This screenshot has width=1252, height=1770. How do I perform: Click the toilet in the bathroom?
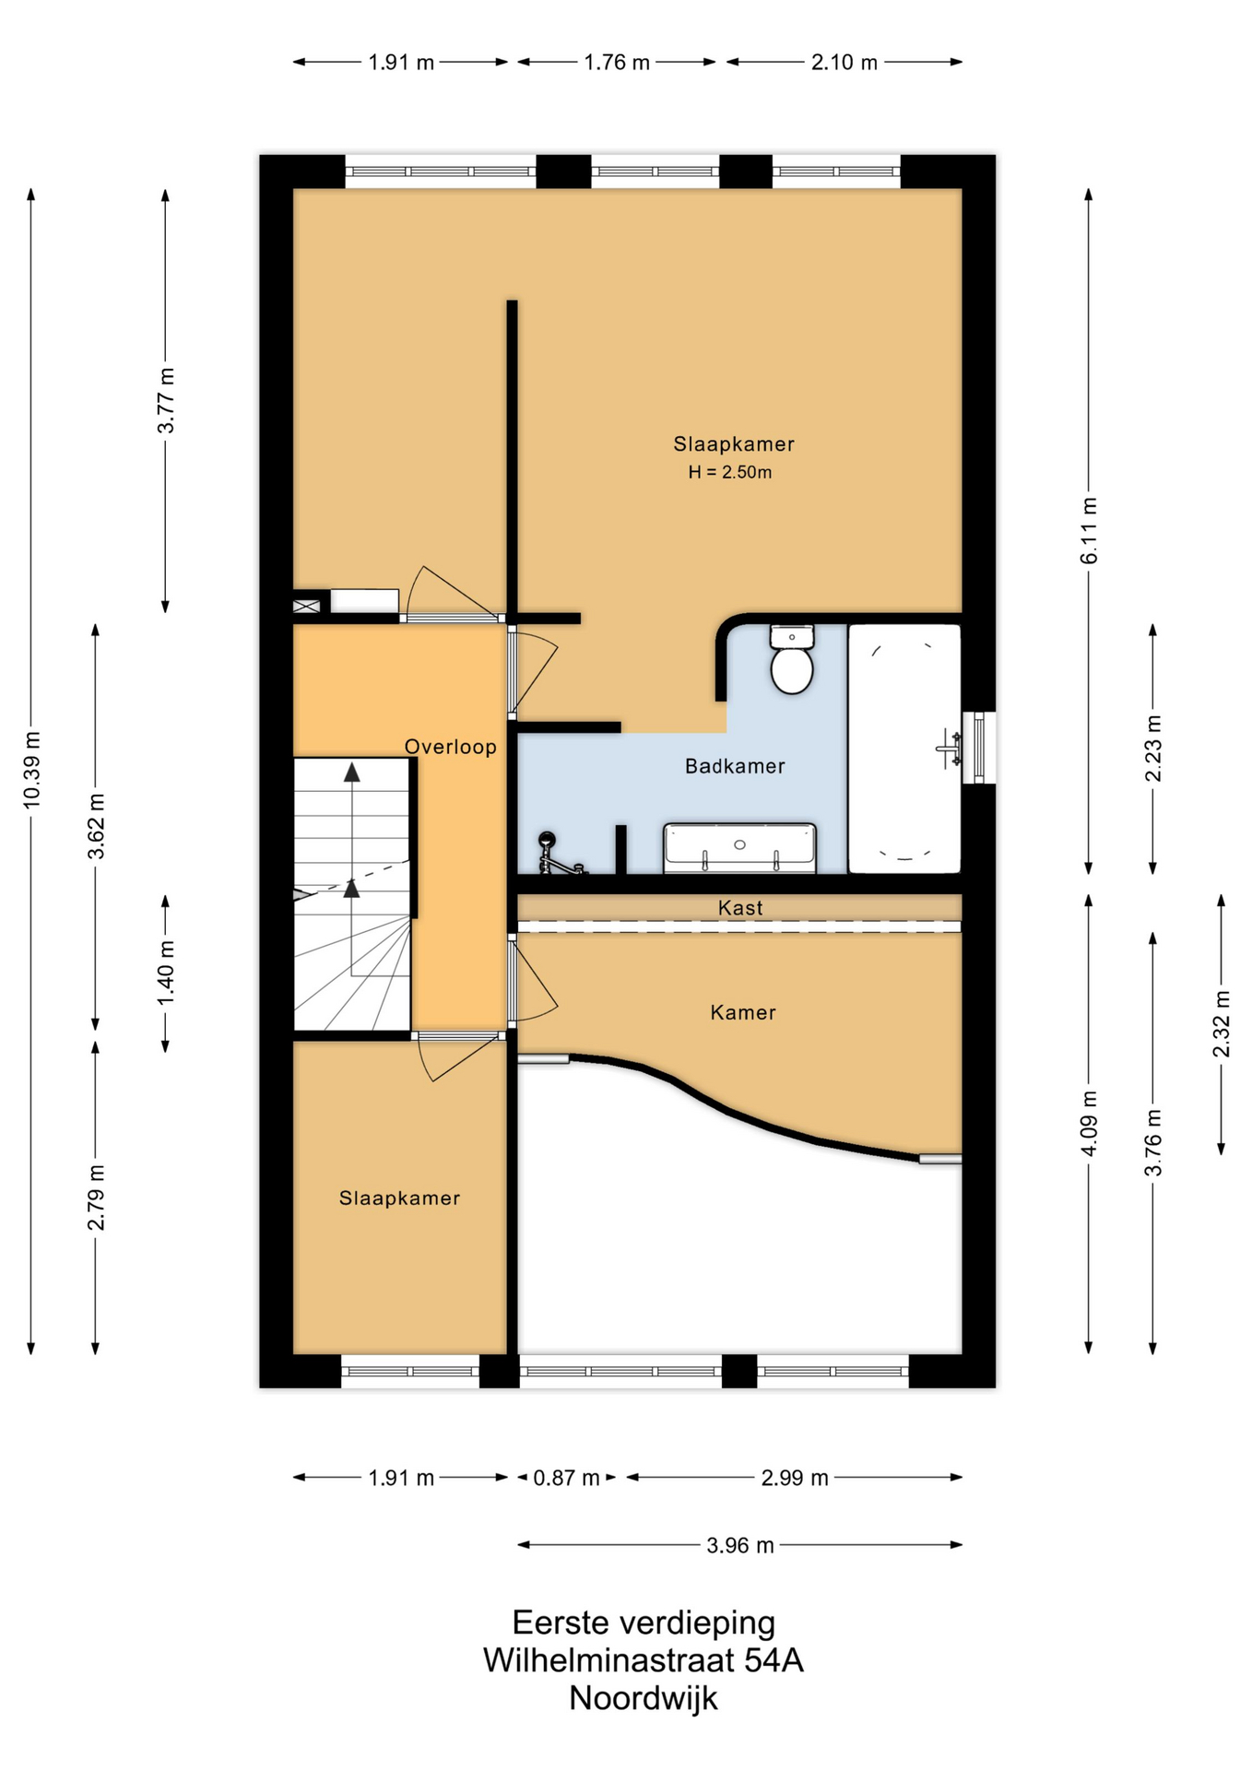(x=791, y=659)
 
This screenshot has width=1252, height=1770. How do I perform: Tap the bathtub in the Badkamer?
(x=904, y=749)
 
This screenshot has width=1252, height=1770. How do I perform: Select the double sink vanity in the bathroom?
(x=739, y=848)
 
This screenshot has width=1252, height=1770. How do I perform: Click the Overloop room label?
(x=451, y=747)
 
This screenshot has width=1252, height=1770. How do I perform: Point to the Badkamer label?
(x=735, y=766)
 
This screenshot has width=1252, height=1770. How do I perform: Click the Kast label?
(x=740, y=908)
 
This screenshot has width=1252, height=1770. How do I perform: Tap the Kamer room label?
(x=743, y=1012)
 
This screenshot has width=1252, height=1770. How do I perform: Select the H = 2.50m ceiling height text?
(x=730, y=472)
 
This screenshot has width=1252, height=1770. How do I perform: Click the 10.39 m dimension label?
(x=32, y=771)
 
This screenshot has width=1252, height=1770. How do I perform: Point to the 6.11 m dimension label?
(x=1090, y=531)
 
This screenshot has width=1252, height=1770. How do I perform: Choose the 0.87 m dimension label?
(x=567, y=1478)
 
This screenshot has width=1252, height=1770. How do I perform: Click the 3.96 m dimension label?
(x=740, y=1545)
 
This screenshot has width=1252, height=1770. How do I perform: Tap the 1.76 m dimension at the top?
(x=617, y=63)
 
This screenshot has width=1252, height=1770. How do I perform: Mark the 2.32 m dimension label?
(x=1222, y=1024)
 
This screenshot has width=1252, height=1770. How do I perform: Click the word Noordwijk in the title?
(x=643, y=1697)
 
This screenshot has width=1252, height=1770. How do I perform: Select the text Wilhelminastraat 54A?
(x=643, y=1659)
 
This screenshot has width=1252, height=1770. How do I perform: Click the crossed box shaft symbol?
(x=306, y=606)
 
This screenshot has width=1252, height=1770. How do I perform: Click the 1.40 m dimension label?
(x=166, y=973)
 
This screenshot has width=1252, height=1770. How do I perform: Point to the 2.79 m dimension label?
(x=96, y=1197)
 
